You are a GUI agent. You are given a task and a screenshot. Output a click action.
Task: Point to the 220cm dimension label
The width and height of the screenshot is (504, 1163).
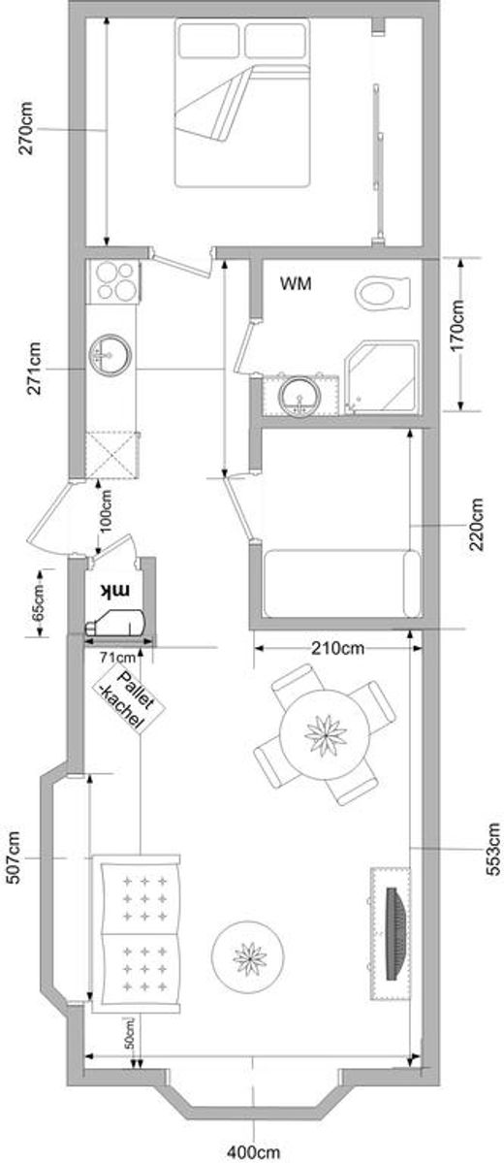pyautogui.click(x=477, y=525)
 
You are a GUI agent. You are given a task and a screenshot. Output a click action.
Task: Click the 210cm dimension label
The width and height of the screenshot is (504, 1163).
pyautogui.click(x=336, y=649)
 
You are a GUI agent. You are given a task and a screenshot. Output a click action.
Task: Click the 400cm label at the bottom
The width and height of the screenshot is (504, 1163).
pyautogui.click(x=254, y=1152)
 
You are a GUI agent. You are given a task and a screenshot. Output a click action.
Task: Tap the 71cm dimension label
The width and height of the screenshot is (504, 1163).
pyautogui.click(x=118, y=657)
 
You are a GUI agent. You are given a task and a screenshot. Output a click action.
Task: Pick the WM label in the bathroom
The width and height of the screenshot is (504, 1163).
pyautogui.click(x=296, y=282)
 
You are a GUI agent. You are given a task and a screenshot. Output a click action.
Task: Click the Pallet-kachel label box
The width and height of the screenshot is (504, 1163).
pyautogui.click(x=128, y=697)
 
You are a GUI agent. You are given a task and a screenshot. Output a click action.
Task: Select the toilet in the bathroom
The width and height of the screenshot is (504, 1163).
pyautogui.click(x=383, y=293)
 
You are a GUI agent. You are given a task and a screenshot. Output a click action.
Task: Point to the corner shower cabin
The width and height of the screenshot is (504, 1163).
pyautogui.click(x=383, y=376)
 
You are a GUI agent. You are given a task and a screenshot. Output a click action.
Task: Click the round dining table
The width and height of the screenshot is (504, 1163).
pyautogui.click(x=326, y=735)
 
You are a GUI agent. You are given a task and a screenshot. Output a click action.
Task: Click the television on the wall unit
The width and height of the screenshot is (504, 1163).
pyautogui.click(x=397, y=924)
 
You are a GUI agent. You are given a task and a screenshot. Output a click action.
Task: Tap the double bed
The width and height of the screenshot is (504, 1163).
pyautogui.click(x=241, y=103)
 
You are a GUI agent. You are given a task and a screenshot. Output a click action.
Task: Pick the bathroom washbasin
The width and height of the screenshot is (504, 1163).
pyautogui.click(x=300, y=396)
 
